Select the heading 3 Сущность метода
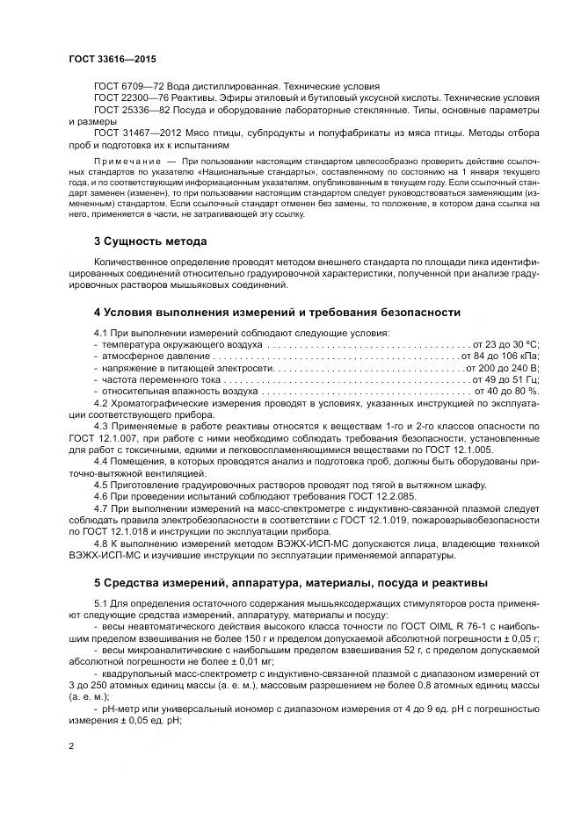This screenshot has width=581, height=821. [x=150, y=241]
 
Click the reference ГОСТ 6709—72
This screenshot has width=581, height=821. [x=122, y=86]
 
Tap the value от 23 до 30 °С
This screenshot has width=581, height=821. [x=505, y=344]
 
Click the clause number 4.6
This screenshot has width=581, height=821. [x=100, y=496]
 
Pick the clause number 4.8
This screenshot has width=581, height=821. [x=100, y=543]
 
